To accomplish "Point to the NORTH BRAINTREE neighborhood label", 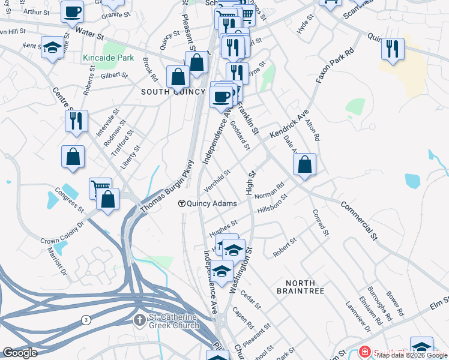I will [x=300, y=287].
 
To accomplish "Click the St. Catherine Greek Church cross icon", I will [x=140, y=319].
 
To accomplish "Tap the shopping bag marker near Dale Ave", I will [x=305, y=164].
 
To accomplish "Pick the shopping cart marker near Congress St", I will [x=100, y=188].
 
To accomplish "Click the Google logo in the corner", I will [x=20, y=353].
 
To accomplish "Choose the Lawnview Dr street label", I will [x=355, y=313].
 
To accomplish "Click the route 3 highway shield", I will [x=86, y=320].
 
